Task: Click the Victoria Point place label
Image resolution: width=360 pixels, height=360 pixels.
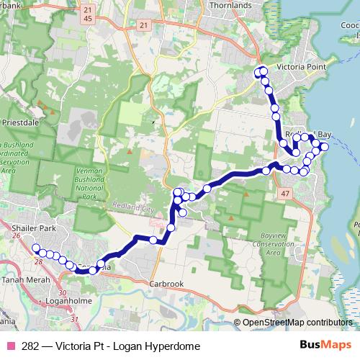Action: click(302, 67)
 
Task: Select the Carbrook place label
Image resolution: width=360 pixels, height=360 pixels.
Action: click(167, 284)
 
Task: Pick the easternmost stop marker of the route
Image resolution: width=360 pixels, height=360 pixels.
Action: click(324, 147)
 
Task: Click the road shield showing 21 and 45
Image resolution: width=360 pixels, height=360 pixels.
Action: click(87, 13)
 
